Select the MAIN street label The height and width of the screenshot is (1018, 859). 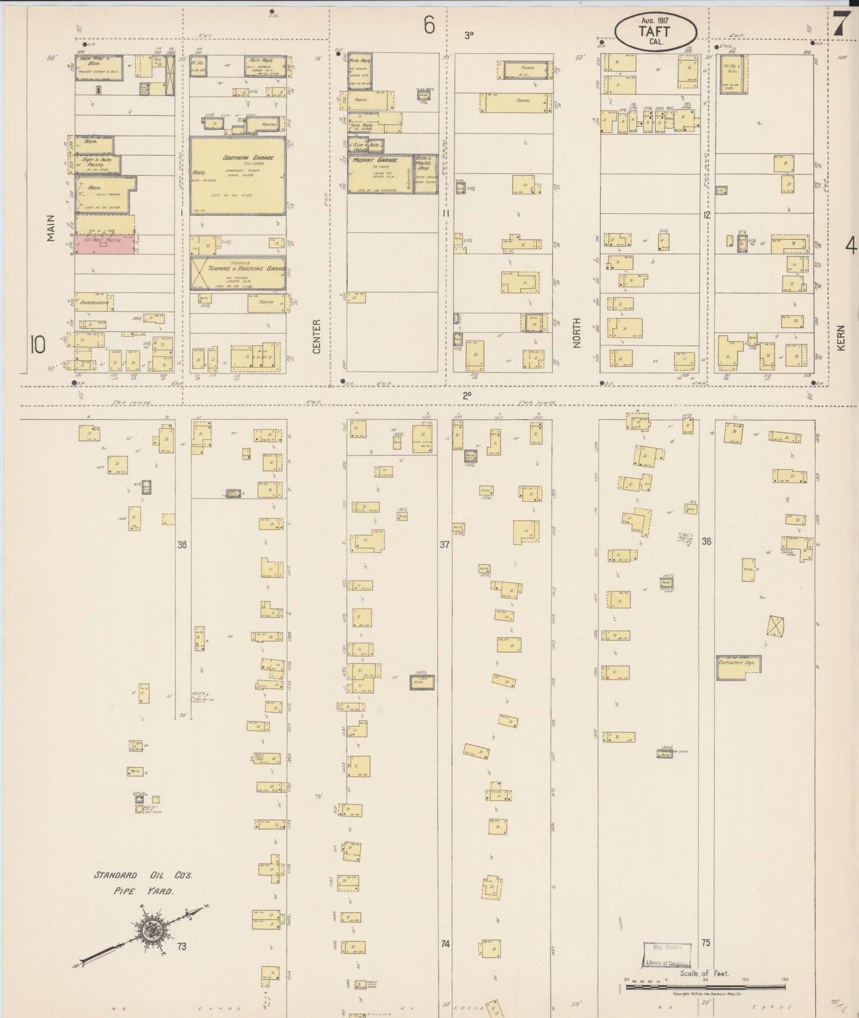pyautogui.click(x=52, y=228)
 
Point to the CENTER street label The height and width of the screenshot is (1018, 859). pyautogui.click(x=316, y=336)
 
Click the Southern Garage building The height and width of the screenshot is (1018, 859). pyautogui.click(x=238, y=175)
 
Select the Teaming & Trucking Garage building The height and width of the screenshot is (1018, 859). pyautogui.click(x=238, y=273)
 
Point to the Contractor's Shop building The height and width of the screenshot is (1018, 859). pyautogui.click(x=738, y=667)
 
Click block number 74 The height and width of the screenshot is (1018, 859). pyautogui.click(x=444, y=943)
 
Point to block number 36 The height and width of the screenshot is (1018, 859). pyautogui.click(x=706, y=541)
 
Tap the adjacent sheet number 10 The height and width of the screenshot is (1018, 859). pyautogui.click(x=37, y=344)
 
